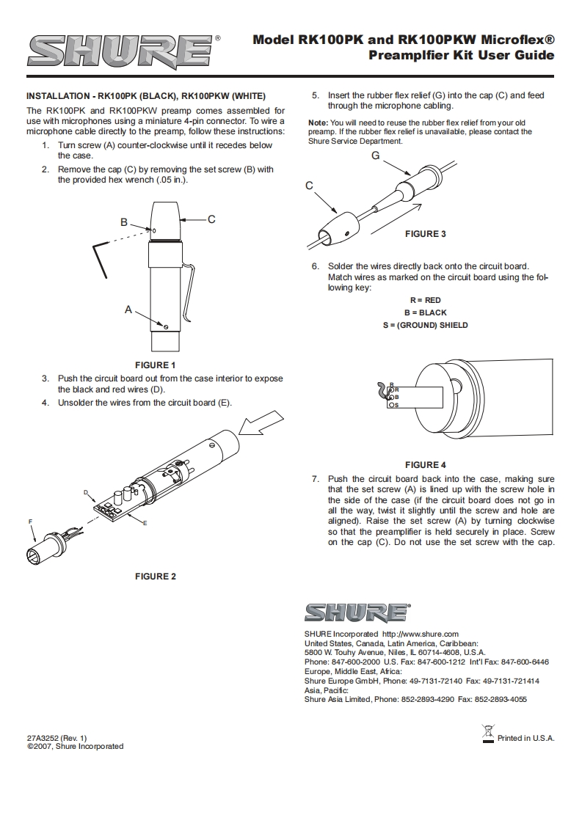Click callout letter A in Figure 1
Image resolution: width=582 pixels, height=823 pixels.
(128, 310)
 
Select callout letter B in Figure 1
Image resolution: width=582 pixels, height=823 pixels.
(124, 222)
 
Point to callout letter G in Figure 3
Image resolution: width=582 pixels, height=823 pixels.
(375, 156)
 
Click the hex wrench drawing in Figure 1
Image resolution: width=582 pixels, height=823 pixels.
(101, 259)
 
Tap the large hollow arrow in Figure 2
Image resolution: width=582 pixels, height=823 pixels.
(261, 425)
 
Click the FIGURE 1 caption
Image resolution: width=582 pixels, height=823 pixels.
(156, 365)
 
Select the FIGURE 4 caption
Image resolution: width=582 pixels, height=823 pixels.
(426, 465)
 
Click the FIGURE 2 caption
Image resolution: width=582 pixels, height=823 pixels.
(156, 577)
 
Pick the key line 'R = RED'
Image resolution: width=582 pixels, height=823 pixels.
(425, 300)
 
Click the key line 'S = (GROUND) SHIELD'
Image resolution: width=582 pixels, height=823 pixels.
(425, 325)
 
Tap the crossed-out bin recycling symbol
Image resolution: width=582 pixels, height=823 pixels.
(488, 733)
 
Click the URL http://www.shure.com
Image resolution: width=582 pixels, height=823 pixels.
(421, 634)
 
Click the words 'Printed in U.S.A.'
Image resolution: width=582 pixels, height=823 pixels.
(525, 738)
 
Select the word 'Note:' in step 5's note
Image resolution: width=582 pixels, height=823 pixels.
(318, 122)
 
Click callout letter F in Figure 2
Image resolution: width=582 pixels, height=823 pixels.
(30, 521)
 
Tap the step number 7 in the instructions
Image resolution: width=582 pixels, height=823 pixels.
(314, 479)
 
